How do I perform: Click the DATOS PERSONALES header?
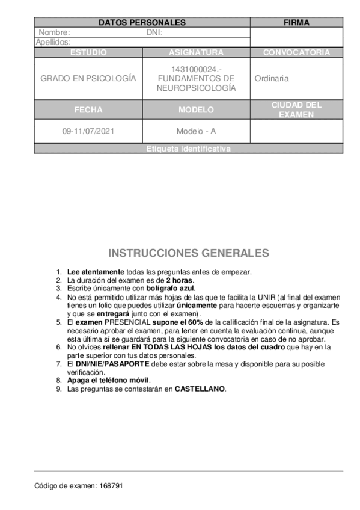click(x=142, y=23)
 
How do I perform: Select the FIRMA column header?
click(x=296, y=23)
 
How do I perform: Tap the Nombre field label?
click(x=54, y=32)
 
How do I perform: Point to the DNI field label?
click(x=154, y=32)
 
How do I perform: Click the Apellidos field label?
click(x=53, y=42)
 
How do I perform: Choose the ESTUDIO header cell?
click(x=88, y=52)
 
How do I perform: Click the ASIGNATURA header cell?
click(x=196, y=52)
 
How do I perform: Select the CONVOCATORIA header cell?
click(x=296, y=52)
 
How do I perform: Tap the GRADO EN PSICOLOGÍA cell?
click(x=88, y=79)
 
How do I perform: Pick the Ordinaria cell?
click(x=271, y=79)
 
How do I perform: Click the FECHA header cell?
click(x=88, y=110)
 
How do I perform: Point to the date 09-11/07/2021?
click(x=88, y=131)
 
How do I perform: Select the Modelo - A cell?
click(x=196, y=131)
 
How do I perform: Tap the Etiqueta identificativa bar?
click(x=189, y=149)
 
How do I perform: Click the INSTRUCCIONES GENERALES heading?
click(x=188, y=253)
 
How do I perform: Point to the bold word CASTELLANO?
click(x=200, y=389)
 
